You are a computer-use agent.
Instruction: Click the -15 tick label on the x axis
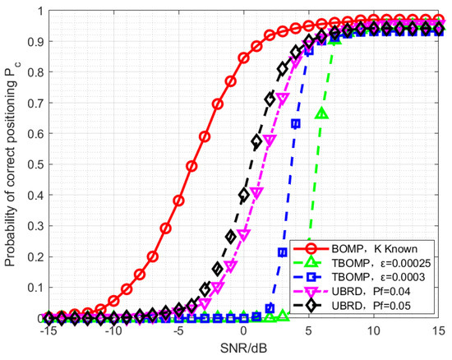coord(48,331)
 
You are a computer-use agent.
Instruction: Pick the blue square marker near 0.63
coord(296,123)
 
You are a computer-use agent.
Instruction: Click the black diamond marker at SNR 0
coord(243,195)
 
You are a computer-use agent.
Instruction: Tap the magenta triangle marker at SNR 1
coord(256,192)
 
